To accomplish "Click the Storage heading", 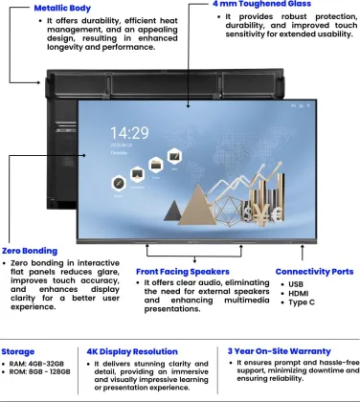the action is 19,351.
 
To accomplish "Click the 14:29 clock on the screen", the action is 128,132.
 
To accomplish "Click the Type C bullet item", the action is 300,302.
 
